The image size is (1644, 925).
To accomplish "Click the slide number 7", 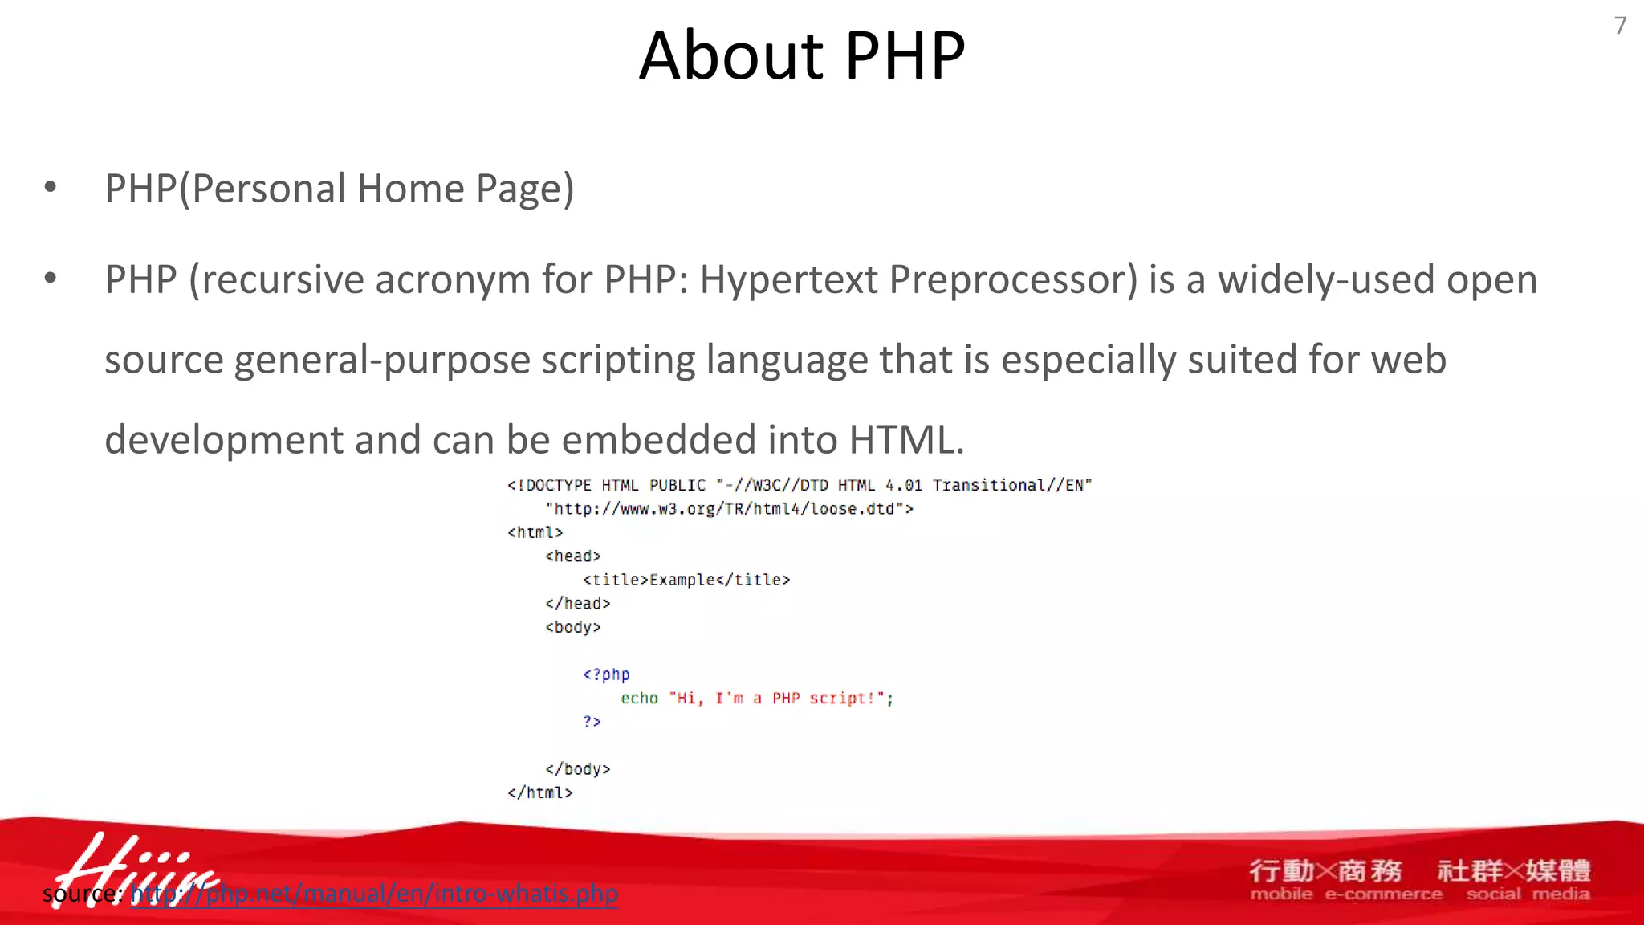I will [x=1620, y=26].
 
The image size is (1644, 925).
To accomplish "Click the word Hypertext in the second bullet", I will [x=788, y=280].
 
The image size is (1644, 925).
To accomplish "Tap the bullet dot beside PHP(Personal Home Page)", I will [x=51, y=188].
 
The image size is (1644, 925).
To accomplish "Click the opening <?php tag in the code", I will [x=606, y=674].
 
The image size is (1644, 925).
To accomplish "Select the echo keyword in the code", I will [x=639, y=699].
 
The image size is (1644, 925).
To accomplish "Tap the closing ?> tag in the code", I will [x=592, y=722].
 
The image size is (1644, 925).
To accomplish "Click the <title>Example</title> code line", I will [x=686, y=580].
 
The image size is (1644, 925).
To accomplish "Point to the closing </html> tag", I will [x=539, y=793].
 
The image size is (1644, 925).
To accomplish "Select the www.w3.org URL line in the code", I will [x=729, y=509].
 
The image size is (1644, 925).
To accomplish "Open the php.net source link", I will [x=374, y=894].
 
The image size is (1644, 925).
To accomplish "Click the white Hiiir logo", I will [x=132, y=867].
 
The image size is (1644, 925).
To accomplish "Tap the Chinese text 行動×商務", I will [x=1325, y=870].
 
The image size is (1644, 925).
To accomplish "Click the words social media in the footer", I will [x=1527, y=894].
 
